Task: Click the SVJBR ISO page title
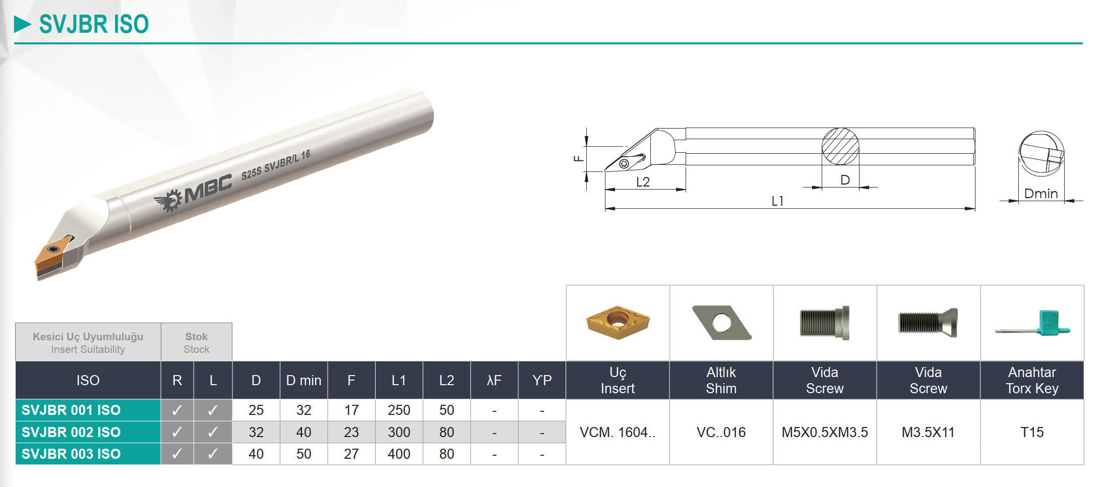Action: click(94, 24)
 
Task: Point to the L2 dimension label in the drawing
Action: click(643, 182)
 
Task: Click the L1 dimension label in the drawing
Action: click(777, 201)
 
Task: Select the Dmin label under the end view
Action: click(1041, 194)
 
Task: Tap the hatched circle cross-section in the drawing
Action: click(840, 146)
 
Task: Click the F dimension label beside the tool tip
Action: click(579, 158)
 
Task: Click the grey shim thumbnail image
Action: click(721, 323)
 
